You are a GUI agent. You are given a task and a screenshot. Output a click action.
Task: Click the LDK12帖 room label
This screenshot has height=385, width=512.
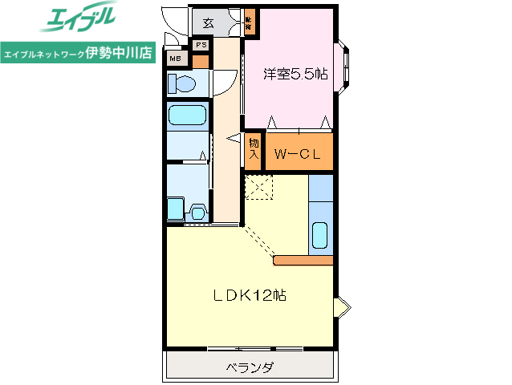[250, 295]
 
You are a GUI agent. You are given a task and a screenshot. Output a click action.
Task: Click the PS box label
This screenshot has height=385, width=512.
[200, 45]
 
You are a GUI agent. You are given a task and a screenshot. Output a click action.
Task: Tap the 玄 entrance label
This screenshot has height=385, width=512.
[208, 22]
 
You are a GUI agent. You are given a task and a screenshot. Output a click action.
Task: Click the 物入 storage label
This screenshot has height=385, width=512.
[254, 150]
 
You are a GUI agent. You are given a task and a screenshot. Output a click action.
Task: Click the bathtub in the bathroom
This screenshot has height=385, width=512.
[188, 115]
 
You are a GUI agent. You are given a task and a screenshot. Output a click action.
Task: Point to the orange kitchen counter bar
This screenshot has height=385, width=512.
[303, 260]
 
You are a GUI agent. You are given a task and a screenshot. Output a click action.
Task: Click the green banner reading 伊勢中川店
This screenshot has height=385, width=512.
[79, 55]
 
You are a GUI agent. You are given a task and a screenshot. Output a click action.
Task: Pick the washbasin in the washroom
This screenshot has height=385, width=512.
[197, 213]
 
